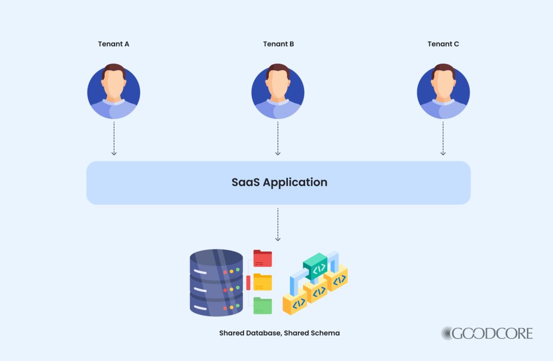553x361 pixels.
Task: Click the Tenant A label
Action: (x=113, y=44)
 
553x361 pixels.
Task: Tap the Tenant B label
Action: (x=279, y=44)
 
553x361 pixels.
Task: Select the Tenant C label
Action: (x=443, y=44)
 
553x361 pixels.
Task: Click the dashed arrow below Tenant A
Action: (x=114, y=138)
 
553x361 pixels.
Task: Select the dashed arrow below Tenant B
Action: (x=278, y=138)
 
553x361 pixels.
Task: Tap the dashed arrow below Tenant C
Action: (x=443, y=138)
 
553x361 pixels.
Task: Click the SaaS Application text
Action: (x=279, y=182)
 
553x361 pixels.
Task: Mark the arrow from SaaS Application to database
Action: (x=278, y=224)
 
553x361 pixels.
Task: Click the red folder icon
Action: (x=262, y=258)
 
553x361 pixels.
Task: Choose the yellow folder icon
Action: (x=262, y=282)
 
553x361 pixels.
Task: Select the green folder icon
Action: (x=262, y=305)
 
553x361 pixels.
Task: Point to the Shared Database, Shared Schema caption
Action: (x=279, y=333)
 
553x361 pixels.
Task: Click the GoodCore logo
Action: (x=487, y=333)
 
